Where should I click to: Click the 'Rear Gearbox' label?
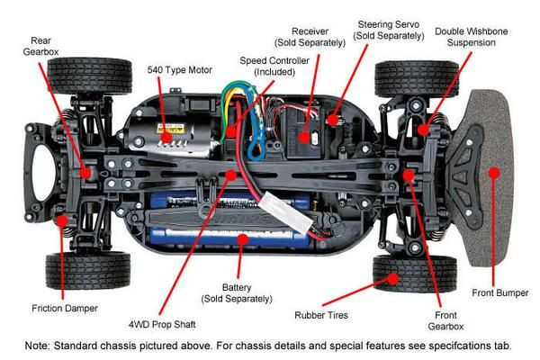(x=41, y=47)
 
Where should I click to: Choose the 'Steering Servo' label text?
(x=388, y=29)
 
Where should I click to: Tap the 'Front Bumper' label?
(x=500, y=292)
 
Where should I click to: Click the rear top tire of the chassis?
(x=90, y=76)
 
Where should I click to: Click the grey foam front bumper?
(x=490, y=171)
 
